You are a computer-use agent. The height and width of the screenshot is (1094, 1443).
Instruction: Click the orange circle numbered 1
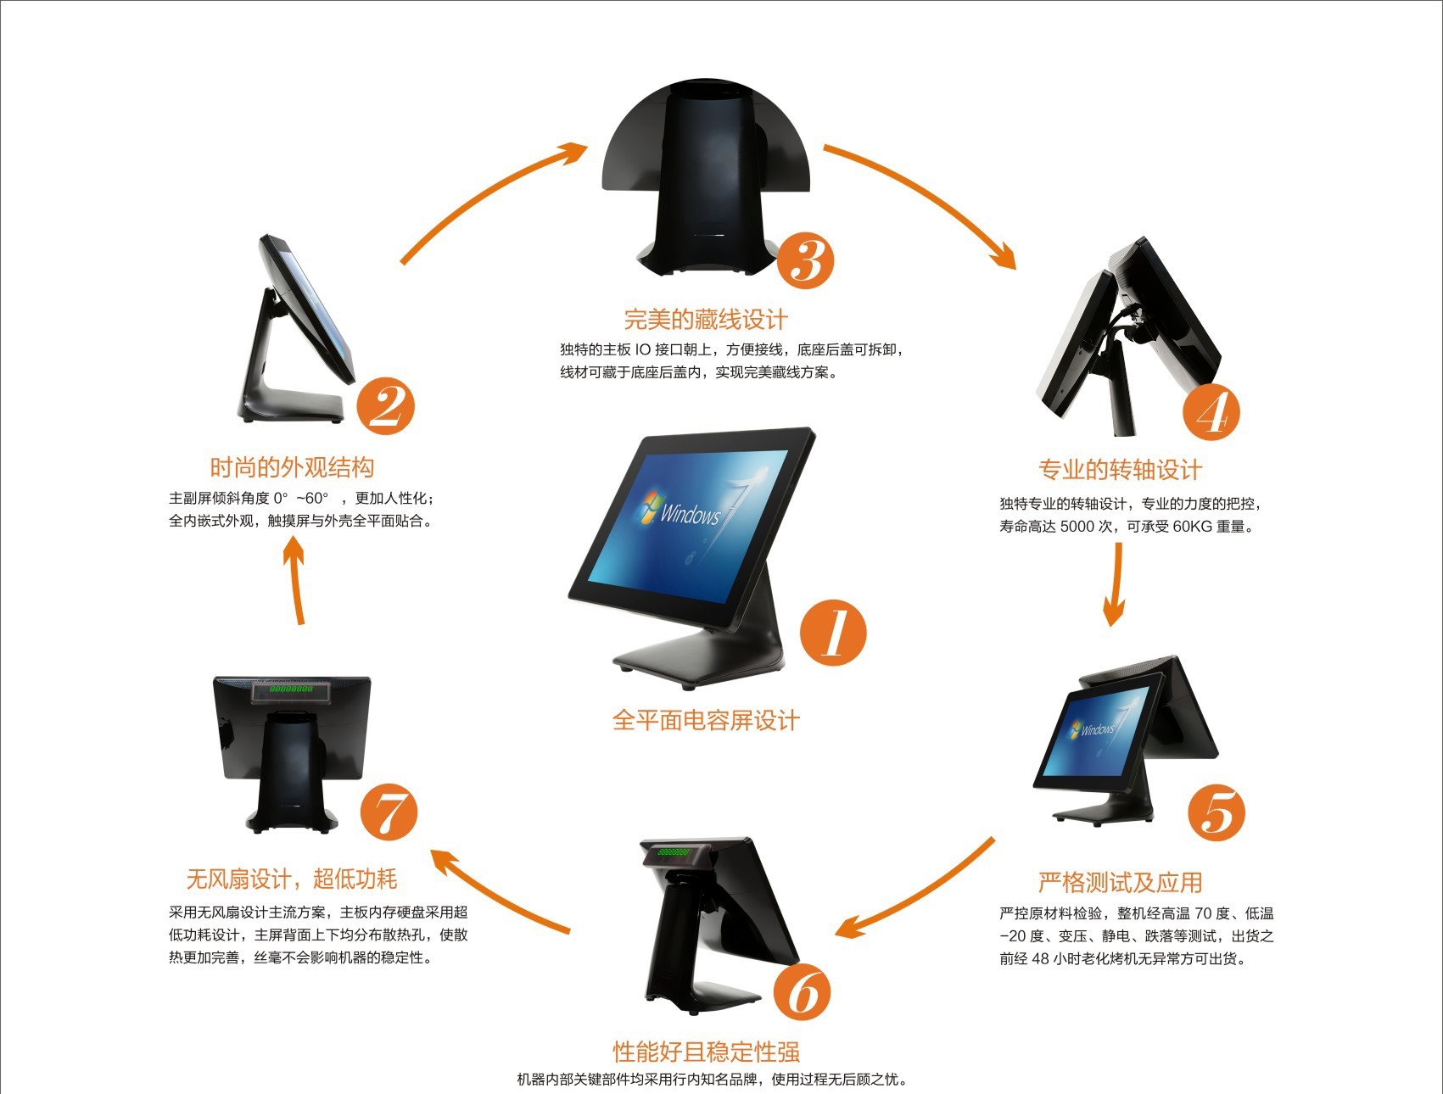tap(833, 633)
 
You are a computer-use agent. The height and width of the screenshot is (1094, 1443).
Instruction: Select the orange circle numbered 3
tap(805, 260)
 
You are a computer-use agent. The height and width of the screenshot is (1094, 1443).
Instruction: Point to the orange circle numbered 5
tap(1216, 812)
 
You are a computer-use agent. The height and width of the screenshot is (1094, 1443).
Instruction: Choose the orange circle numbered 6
tap(802, 992)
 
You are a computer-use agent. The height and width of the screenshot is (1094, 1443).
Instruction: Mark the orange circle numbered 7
tap(389, 812)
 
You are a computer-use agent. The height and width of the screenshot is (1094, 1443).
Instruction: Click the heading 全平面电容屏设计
tap(706, 721)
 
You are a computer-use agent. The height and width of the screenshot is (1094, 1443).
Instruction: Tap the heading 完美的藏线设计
tap(706, 320)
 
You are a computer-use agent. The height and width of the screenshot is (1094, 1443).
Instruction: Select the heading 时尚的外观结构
tap(292, 467)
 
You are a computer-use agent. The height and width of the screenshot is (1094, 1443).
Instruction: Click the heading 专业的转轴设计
tap(1120, 470)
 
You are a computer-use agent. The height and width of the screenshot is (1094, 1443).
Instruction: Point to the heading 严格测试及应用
tap(1120, 883)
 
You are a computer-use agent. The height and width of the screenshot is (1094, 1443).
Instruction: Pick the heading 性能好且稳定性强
tap(707, 1052)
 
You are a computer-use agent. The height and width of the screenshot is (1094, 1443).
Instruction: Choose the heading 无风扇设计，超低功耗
tap(292, 879)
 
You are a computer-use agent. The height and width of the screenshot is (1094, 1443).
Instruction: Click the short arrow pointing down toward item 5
tap(1116, 584)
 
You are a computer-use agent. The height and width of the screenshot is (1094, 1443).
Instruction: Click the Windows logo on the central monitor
tap(652, 506)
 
